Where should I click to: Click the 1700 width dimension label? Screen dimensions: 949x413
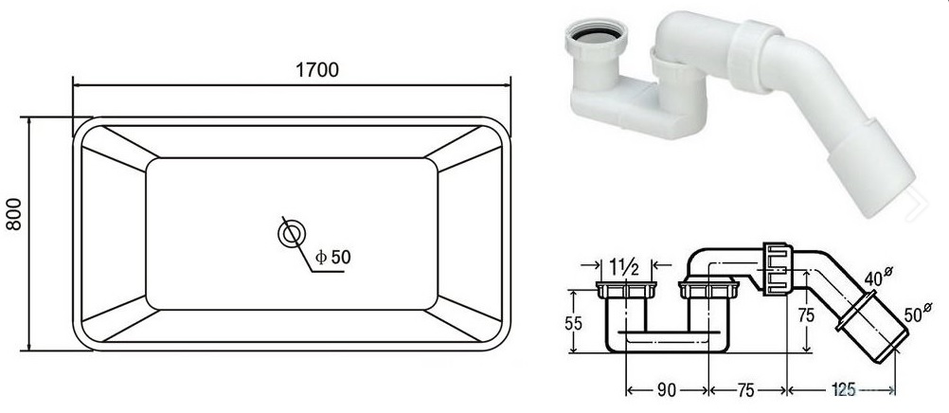tap(317, 70)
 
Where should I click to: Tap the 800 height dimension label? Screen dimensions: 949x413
tap(14, 214)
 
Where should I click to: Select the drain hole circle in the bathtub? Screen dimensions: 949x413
tap(292, 234)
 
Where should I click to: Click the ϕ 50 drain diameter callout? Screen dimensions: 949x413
tap(332, 258)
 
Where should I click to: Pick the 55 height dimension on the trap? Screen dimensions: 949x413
tap(574, 323)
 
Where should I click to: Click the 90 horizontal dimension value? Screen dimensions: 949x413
tap(667, 390)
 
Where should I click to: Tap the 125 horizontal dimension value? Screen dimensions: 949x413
tap(843, 390)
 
